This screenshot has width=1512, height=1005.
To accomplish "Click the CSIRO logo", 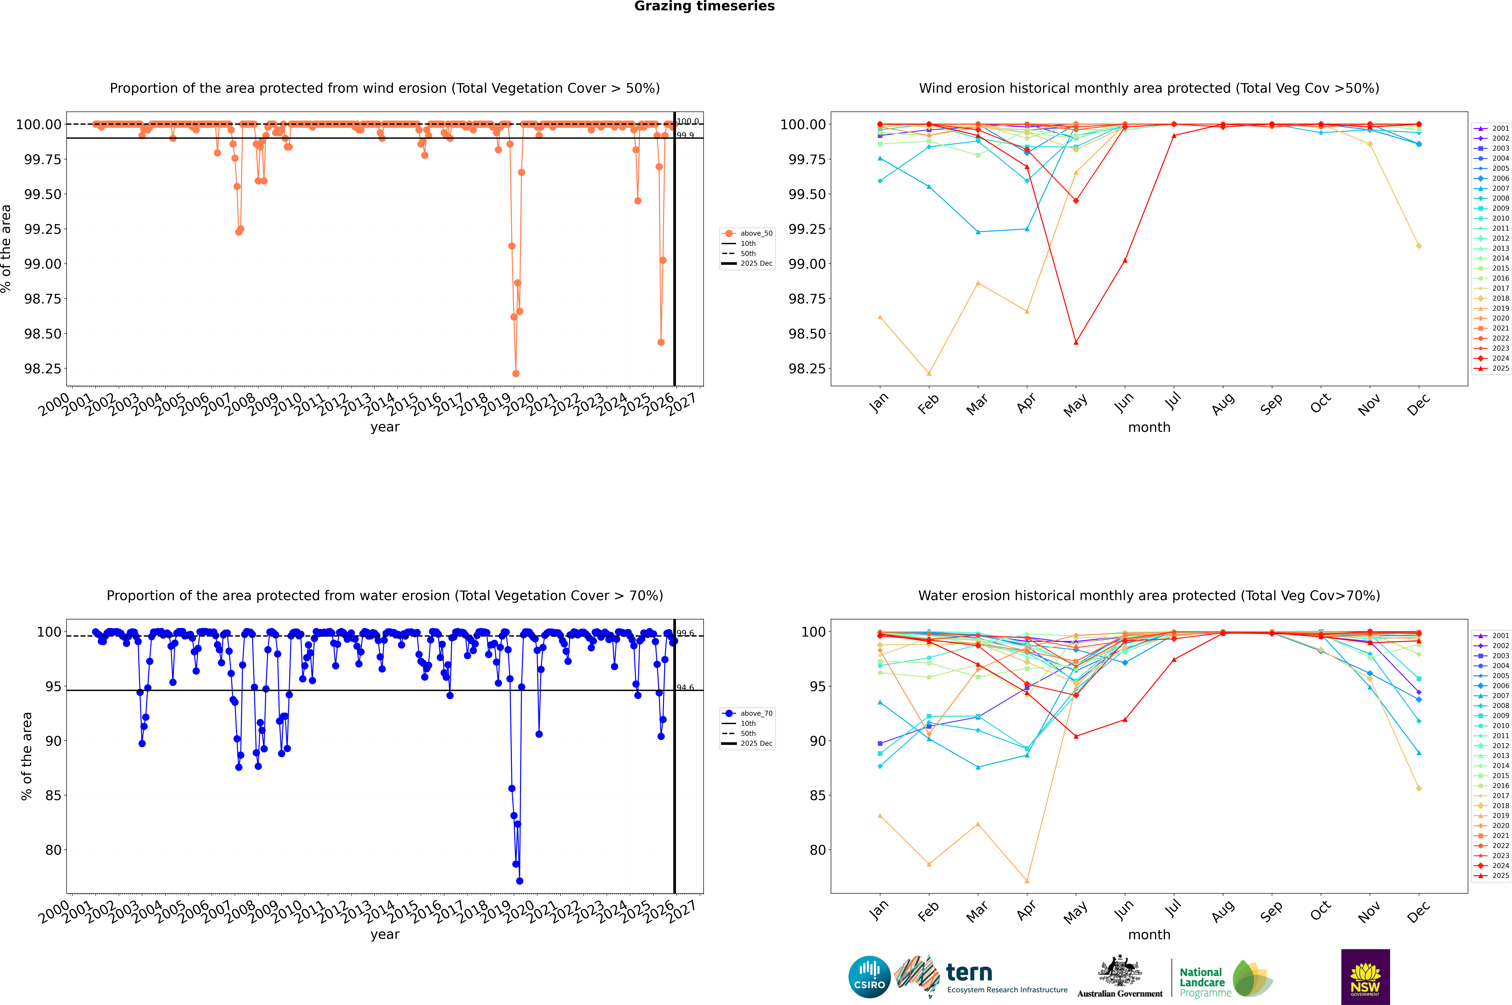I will [x=869, y=977].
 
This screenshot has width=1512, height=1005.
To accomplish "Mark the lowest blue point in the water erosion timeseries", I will [x=519, y=881].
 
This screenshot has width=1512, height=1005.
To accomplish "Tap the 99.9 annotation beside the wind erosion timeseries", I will [x=685, y=135].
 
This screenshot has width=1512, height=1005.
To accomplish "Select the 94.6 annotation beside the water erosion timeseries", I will [x=685, y=688].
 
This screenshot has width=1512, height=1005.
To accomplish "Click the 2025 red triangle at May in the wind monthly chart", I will [x=1076, y=342].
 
